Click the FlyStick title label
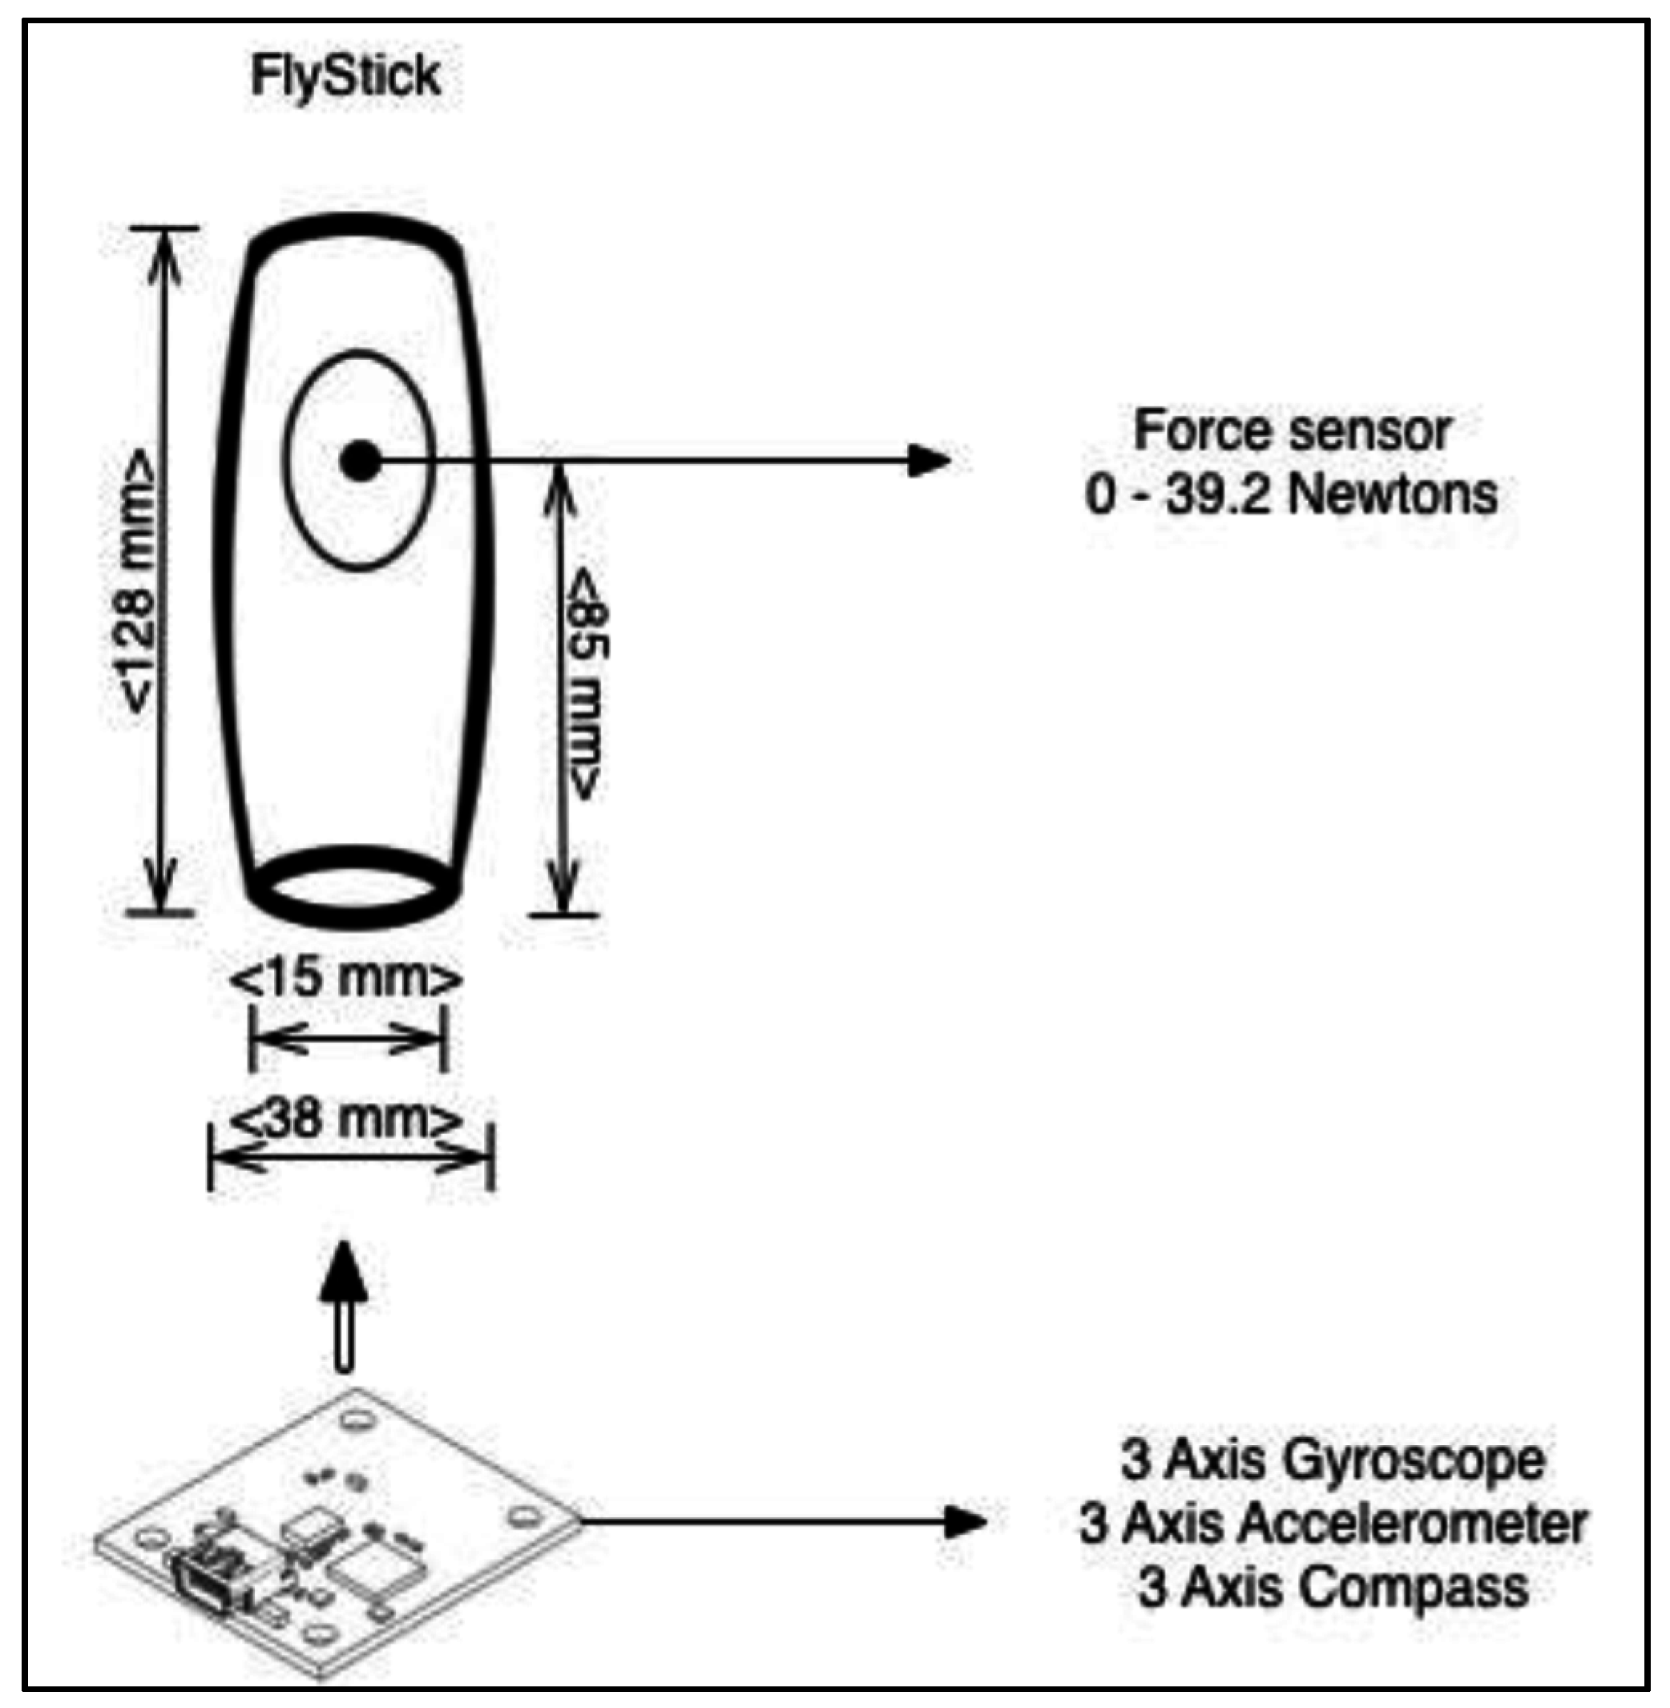[345, 76]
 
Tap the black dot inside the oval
[361, 461]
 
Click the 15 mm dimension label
[345, 979]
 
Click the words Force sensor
[1292, 430]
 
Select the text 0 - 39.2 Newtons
[1292, 495]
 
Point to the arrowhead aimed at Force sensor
[930, 460]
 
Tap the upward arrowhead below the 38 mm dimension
[345, 1270]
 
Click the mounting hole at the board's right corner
[525, 1515]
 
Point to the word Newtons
[1393, 495]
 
